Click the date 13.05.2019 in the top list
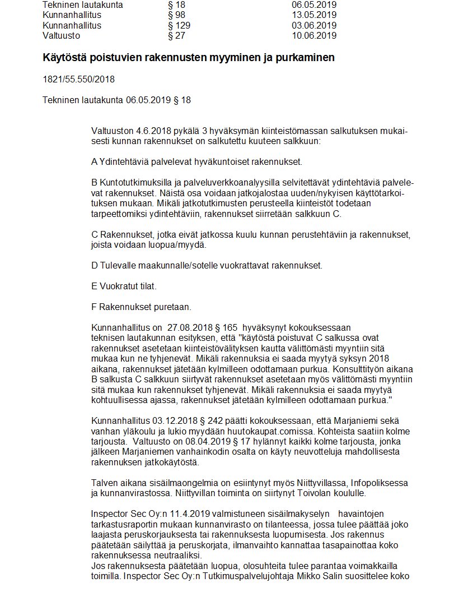click(x=314, y=15)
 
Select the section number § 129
click(x=179, y=25)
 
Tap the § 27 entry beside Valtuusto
click(x=177, y=36)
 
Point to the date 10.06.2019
click(x=314, y=36)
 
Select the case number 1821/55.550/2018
click(x=78, y=79)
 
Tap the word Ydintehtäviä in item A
click(x=124, y=162)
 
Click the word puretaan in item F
click(x=174, y=307)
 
